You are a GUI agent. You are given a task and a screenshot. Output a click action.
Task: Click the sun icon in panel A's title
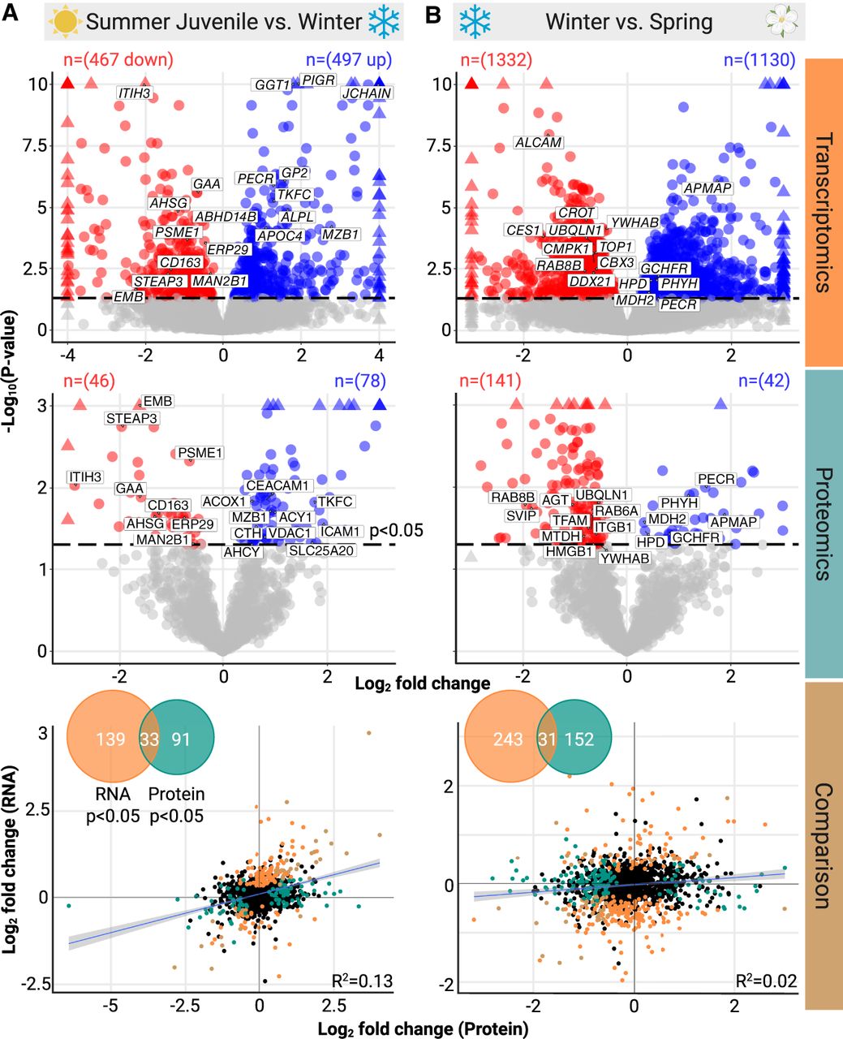[66, 21]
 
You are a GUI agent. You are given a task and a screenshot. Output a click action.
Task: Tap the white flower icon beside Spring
[781, 20]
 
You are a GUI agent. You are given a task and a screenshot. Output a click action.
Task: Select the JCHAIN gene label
[367, 93]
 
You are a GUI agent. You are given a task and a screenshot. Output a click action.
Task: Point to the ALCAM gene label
[539, 142]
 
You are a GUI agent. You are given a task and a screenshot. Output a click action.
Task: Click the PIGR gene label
[318, 80]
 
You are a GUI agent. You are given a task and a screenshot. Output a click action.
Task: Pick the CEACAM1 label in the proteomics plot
[277, 485]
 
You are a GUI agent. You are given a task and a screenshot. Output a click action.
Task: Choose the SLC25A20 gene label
[320, 550]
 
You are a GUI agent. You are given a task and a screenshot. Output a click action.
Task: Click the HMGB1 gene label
[569, 551]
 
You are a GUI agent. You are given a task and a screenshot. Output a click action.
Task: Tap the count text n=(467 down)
[118, 59]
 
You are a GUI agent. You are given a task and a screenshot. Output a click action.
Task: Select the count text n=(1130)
[759, 59]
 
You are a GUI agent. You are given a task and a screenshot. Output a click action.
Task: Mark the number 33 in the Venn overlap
[149, 739]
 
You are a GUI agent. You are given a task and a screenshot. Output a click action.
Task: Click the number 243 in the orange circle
[508, 739]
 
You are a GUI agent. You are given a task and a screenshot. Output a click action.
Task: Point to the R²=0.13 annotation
[362, 981]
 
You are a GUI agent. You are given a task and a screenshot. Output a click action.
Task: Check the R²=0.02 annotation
[766, 981]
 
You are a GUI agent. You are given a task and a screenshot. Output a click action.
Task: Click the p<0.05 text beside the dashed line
[397, 530]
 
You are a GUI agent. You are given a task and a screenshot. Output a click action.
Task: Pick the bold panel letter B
[433, 15]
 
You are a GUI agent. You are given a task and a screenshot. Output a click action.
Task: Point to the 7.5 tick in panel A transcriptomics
[35, 145]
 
